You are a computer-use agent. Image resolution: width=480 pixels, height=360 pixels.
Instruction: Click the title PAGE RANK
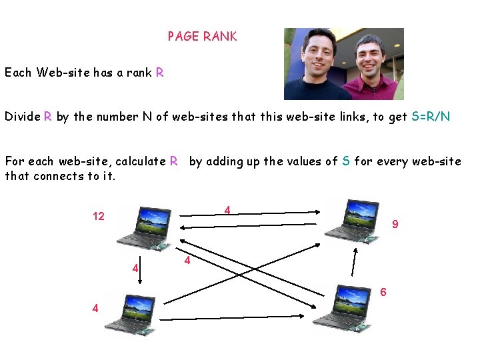pos(202,37)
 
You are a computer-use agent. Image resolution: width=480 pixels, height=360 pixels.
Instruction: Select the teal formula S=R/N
pos(431,117)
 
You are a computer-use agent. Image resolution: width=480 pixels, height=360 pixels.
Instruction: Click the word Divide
pos(22,117)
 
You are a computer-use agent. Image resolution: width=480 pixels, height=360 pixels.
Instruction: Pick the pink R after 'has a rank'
pos(159,73)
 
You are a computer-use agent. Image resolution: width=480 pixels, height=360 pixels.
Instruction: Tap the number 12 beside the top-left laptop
pos(99,217)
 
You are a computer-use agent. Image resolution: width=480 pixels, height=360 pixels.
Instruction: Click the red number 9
pos(395,225)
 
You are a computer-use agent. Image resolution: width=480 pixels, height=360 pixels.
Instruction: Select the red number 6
pos(383,292)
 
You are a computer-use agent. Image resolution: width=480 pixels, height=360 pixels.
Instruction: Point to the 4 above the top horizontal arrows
pos(227,211)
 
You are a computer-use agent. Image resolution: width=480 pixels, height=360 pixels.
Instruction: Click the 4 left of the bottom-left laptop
pos(96,308)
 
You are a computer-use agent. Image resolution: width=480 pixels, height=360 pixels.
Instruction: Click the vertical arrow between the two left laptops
pos(139,274)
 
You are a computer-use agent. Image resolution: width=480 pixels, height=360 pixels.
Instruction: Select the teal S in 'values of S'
pos(346,161)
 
